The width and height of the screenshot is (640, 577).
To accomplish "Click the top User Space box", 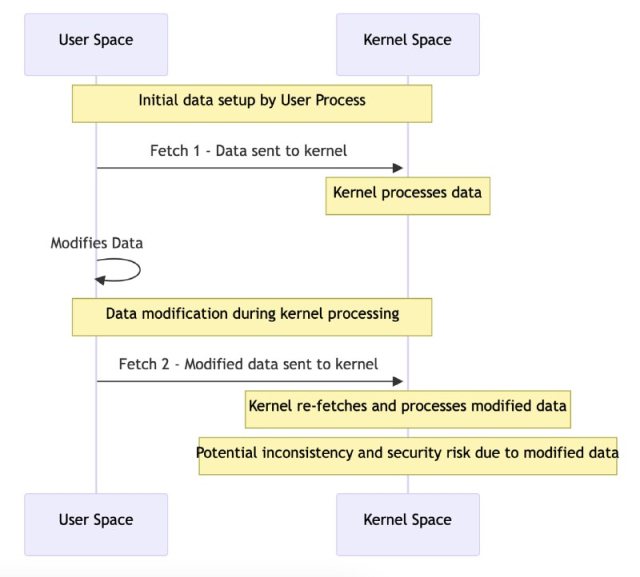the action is [x=96, y=45].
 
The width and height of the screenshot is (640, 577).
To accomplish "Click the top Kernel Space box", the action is [x=408, y=45].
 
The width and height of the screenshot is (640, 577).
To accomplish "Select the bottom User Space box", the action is [x=96, y=524].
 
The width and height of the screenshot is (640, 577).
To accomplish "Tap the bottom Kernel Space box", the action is [x=408, y=524].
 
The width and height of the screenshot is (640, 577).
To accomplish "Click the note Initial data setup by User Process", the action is [x=252, y=104].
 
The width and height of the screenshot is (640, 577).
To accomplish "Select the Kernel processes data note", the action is [x=408, y=196].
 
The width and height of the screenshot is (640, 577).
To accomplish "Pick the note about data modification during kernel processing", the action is [x=252, y=316].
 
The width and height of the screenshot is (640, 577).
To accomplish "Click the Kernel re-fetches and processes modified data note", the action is [x=408, y=409].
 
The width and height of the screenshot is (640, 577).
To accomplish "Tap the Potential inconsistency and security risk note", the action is [x=408, y=456].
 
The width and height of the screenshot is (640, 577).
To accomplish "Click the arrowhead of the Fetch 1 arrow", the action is [x=398, y=168].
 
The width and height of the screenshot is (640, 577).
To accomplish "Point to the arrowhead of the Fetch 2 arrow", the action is [x=398, y=381].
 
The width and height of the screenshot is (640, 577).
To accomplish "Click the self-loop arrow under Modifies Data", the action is [x=139, y=270].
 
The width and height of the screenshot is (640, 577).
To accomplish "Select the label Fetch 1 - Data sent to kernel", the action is [x=249, y=150].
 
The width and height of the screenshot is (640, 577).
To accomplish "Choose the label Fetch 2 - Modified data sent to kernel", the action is [x=249, y=364].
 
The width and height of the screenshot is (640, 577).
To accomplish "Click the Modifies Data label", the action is [x=97, y=243].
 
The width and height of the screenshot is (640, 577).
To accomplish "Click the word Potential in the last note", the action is [x=226, y=452].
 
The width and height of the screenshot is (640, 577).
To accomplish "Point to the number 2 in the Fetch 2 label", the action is [x=165, y=364].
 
